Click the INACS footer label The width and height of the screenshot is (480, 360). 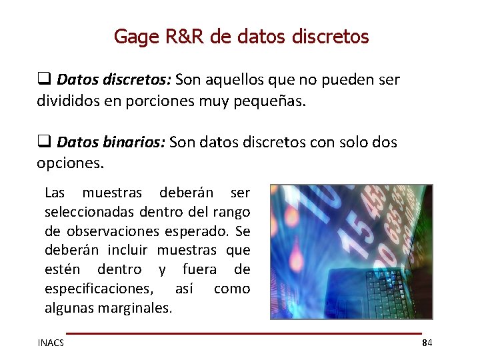pyautogui.click(x=51, y=343)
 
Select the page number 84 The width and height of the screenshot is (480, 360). pyautogui.click(x=427, y=343)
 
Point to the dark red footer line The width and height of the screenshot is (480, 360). pyautogui.click(x=243, y=333)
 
